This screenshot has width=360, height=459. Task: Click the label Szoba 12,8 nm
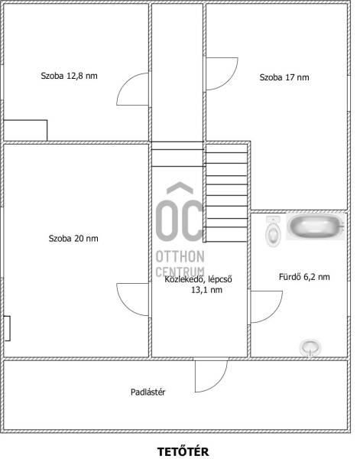69,76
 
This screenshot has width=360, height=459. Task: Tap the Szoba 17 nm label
284,77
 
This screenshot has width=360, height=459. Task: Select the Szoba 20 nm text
73,238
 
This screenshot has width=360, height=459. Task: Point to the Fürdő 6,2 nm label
304,277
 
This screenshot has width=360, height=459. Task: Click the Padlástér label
148,392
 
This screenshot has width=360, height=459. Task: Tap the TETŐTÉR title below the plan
183,451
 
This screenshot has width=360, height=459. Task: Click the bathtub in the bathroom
315,227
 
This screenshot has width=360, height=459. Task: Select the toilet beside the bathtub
273,231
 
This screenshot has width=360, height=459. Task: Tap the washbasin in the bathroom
310,348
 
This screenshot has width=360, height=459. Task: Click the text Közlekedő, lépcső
198,279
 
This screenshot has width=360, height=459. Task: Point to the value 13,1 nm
207,290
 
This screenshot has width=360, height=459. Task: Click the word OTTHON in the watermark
180,257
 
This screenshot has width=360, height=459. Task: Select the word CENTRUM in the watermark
180,272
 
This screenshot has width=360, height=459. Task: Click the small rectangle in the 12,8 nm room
25,130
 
